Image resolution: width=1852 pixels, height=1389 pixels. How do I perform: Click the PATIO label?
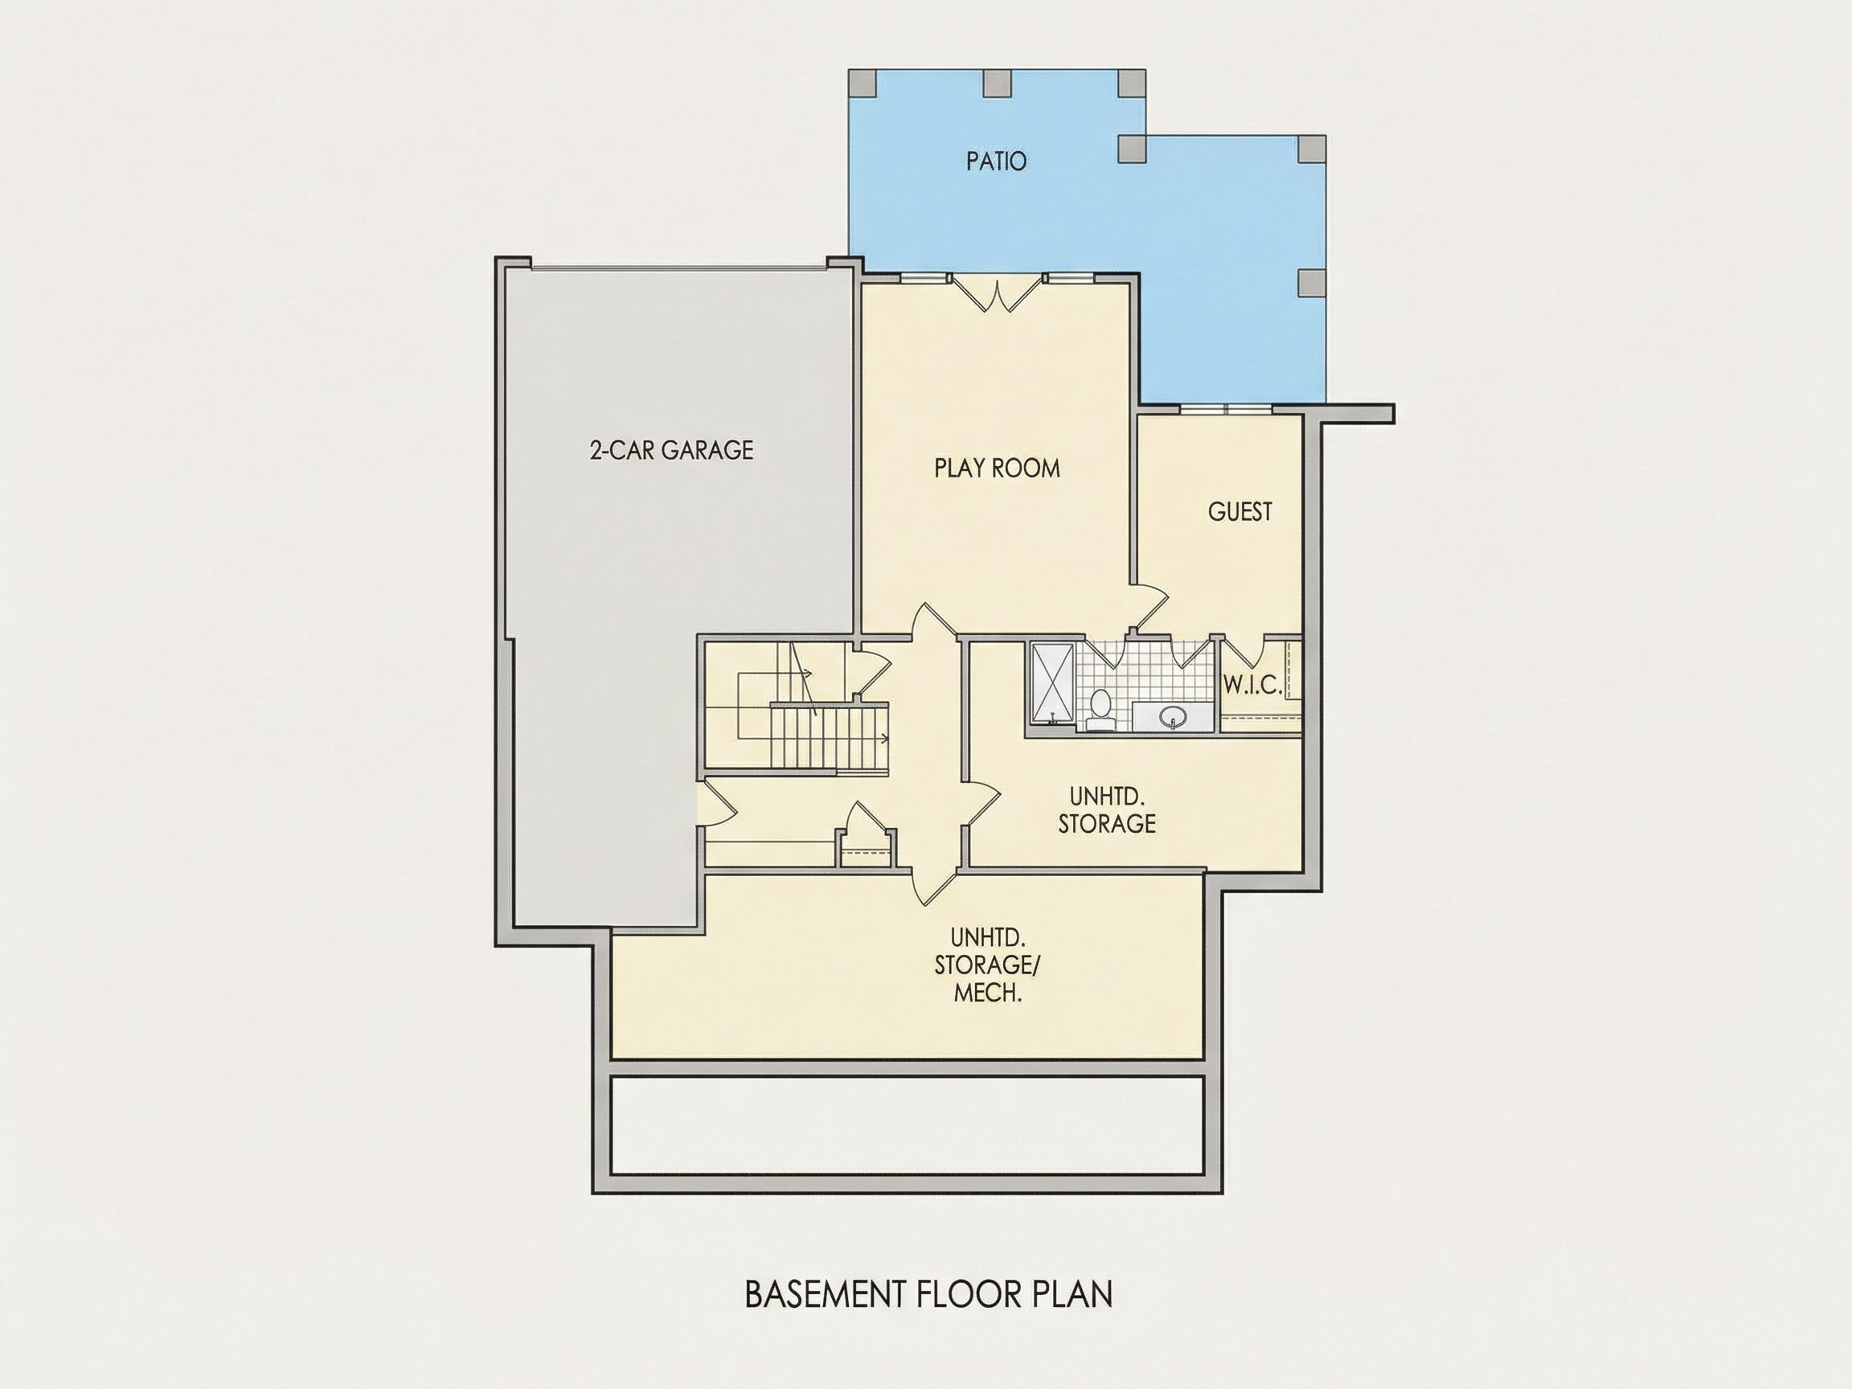tap(996, 161)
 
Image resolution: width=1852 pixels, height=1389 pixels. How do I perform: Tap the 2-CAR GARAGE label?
tap(671, 450)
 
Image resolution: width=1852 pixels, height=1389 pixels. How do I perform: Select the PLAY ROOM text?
tap(998, 468)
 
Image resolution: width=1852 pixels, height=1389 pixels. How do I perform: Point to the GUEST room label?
tap(1240, 511)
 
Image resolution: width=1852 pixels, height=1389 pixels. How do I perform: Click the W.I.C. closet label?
tap(1252, 686)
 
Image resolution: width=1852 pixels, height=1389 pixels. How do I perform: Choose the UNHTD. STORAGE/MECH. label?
tap(988, 965)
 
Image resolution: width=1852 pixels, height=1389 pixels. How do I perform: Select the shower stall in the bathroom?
tap(1052, 683)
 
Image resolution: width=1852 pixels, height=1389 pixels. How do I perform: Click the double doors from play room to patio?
tap(998, 295)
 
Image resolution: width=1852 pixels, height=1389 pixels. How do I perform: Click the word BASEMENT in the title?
tap(826, 1293)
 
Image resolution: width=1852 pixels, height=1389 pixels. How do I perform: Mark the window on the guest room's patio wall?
tap(1226, 408)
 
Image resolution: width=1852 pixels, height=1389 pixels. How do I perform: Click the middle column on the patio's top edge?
tap(996, 83)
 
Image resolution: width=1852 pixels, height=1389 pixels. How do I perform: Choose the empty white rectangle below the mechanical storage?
tap(908, 1125)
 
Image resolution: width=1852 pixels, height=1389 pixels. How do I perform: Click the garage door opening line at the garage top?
tap(679, 268)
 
